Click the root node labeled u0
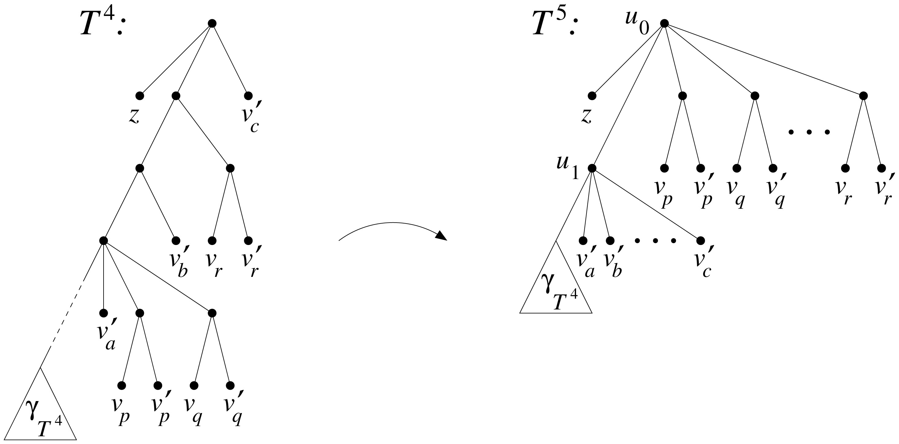pos(664,23)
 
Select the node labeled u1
pos(592,168)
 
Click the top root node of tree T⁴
pos(212,23)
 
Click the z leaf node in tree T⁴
pos(140,96)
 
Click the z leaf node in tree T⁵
pos(592,96)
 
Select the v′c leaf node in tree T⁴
pos(248,96)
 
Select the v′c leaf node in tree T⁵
pos(700,241)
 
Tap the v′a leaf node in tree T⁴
pos(103,313)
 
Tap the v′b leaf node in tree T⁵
pos(610,241)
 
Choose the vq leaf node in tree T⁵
pos(736,168)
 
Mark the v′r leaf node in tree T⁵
pos(881,168)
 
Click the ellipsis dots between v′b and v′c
pos(655,241)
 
